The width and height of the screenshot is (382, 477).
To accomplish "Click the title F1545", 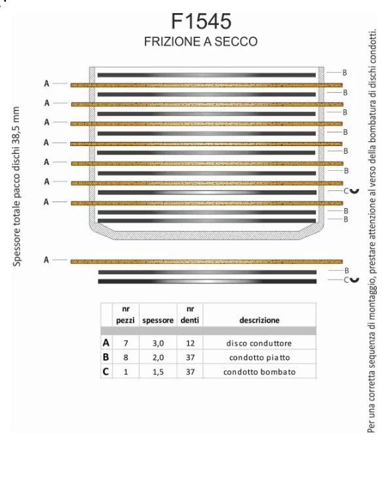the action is [201, 21].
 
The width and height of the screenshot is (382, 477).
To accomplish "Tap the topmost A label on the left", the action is [47, 83].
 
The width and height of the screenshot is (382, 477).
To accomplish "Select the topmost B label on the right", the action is [345, 73].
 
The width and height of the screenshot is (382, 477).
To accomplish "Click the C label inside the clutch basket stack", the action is [346, 191].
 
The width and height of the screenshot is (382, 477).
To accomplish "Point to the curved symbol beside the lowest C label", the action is [354, 279].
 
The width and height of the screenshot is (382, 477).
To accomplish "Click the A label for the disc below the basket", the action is [47, 260].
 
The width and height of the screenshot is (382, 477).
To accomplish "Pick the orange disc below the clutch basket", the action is [206, 261].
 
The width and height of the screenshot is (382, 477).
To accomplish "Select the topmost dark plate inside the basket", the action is [206, 75].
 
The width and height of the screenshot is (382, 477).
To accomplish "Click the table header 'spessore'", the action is [158, 321].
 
